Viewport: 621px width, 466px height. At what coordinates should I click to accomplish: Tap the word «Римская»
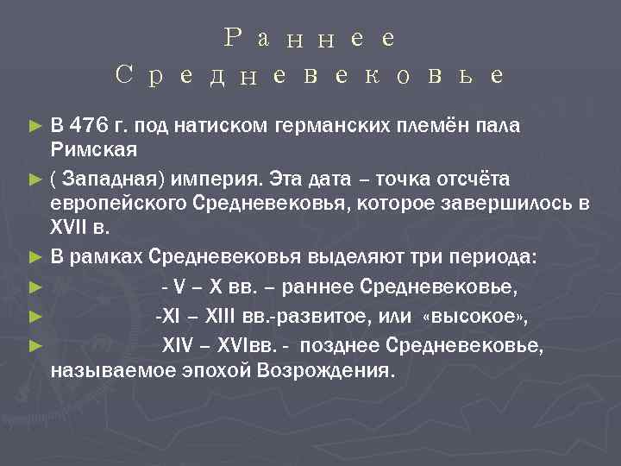(x=95, y=151)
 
